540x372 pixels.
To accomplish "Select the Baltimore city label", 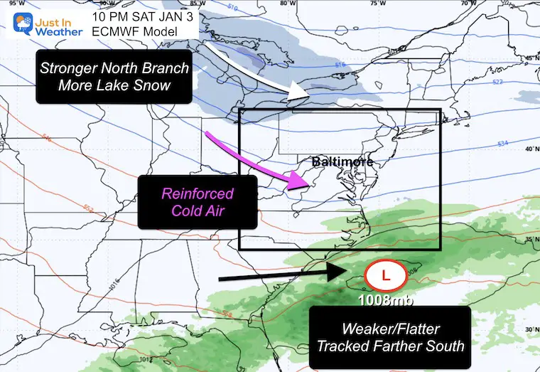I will (342, 162).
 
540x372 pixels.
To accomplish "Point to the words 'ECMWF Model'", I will (124, 31).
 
